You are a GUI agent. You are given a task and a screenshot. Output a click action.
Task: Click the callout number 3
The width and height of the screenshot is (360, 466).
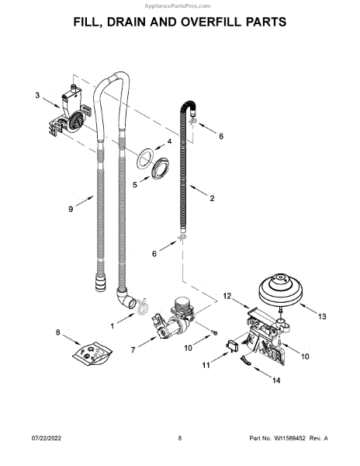tap(37, 96)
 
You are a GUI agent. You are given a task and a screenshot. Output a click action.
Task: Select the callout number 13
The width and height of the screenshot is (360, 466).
tap(322, 317)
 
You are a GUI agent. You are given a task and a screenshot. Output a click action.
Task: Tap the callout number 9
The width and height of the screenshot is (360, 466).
tap(71, 209)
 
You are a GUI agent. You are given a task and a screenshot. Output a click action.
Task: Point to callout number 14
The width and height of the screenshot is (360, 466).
tap(276, 381)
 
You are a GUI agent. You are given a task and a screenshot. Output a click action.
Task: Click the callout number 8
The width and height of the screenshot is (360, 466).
tap(58, 332)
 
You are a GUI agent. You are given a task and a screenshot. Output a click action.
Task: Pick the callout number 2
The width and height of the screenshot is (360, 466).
tap(212, 198)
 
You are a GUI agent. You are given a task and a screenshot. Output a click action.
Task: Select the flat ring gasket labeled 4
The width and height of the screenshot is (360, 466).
tap(145, 158)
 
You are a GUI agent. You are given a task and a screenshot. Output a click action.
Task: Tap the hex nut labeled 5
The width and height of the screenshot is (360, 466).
tap(160, 169)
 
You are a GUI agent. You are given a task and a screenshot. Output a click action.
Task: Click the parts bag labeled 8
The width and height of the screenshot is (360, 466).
tap(92, 353)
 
